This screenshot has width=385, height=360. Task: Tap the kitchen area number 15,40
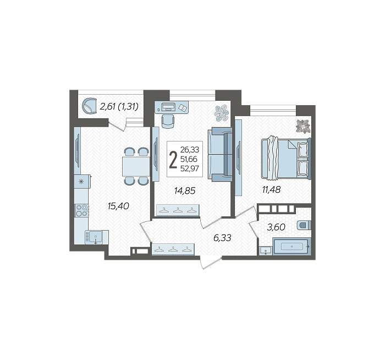pyautogui.click(x=118, y=206)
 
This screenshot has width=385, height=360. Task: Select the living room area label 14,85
pyautogui.click(x=185, y=190)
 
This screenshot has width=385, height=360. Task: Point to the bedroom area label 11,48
pyautogui.click(x=271, y=189)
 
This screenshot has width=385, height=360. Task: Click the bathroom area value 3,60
pyautogui.click(x=276, y=227)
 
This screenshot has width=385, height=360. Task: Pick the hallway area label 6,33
pyautogui.click(x=222, y=238)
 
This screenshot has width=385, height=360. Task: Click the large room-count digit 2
pyautogui.click(x=173, y=160)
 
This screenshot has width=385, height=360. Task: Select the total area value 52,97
pyautogui.click(x=190, y=168)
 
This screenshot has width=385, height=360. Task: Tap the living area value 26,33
pyautogui.click(x=190, y=149)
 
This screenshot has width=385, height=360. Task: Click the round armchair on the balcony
pyautogui.click(x=89, y=106)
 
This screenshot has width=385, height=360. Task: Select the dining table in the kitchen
pyautogui.click(x=136, y=166)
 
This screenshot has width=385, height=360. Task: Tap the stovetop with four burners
pyautogui.click(x=82, y=210)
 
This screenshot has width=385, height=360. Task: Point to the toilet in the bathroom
pyautogui.click(x=304, y=225)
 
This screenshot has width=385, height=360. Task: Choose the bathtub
pyautogui.click(x=292, y=246)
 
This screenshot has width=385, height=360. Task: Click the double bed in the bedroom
pyautogui.click(x=286, y=158)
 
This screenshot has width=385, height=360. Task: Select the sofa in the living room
pyautogui.click(x=220, y=154)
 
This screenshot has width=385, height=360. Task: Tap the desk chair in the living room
pyautogui.click(x=168, y=121)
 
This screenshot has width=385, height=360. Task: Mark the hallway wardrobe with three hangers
pyautogui.click(x=173, y=249)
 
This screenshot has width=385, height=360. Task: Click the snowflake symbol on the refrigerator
pyautogui.click(x=81, y=182)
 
